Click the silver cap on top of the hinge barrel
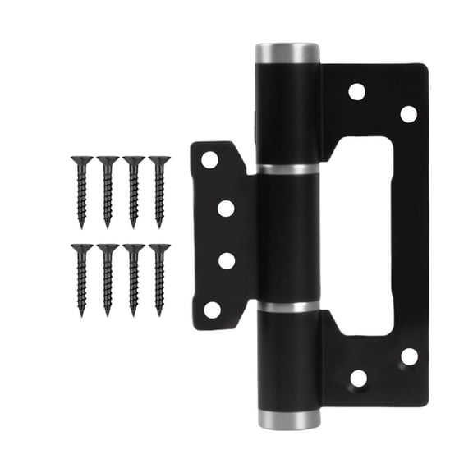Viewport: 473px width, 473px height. [287, 54]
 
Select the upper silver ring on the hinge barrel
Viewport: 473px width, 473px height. [287, 170]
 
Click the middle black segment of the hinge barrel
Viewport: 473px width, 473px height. [287, 238]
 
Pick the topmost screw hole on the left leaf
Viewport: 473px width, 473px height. [210, 160]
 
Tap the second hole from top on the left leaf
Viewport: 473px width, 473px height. [226, 209]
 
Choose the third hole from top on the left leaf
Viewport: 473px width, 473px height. [226, 261]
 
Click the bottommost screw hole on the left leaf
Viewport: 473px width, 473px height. [212, 310]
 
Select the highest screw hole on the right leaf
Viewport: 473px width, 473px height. [356, 91]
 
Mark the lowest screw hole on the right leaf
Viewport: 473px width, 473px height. [358, 379]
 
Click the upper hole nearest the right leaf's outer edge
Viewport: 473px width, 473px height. [408, 114]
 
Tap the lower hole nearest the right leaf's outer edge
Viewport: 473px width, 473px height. [408, 356]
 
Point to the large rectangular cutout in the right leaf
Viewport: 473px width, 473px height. [363, 236]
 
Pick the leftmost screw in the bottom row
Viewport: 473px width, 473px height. [81, 278]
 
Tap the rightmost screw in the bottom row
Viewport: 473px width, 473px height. [159, 278]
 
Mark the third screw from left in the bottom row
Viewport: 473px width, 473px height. [133, 278]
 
